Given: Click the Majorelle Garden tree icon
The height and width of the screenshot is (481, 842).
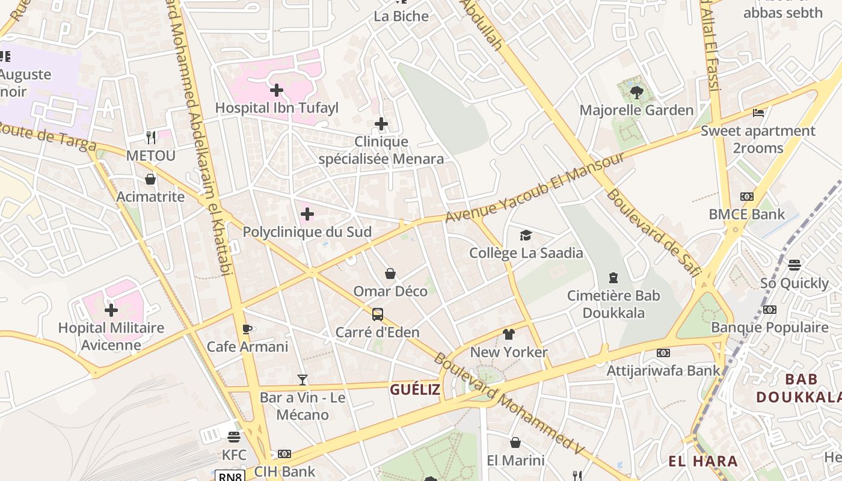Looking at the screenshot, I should click(x=636, y=92).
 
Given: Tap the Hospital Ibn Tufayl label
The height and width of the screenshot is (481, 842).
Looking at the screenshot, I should click(x=277, y=108).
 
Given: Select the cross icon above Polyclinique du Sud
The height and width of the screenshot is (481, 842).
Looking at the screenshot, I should click(x=307, y=214).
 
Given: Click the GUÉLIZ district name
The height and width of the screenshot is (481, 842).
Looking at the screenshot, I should click(x=415, y=390).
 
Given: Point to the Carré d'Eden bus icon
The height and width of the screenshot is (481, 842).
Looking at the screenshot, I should click(x=378, y=314).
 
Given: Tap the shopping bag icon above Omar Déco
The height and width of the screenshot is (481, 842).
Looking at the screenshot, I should click(x=390, y=274).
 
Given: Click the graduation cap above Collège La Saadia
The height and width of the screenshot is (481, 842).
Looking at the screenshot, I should click(x=526, y=235).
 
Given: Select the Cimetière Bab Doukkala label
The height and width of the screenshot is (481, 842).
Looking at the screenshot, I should click(x=613, y=304).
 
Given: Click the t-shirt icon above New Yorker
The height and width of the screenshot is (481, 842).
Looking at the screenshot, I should click(x=509, y=334).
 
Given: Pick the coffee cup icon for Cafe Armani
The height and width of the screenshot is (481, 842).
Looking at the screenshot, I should click(x=247, y=329).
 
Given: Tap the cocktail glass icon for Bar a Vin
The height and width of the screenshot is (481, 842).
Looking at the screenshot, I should click(x=303, y=380).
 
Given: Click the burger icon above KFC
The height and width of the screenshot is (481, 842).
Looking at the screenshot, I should click(x=234, y=437).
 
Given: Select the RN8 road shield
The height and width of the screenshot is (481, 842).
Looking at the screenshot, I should click(x=231, y=476).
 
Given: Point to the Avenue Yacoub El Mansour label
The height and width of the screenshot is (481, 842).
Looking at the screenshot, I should click(x=535, y=188).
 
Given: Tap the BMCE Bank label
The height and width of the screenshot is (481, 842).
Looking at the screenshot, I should click(x=746, y=214).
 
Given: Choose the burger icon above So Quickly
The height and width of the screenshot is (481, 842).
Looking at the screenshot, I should click(x=794, y=265).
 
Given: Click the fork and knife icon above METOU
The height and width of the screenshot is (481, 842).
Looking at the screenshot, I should click(x=151, y=138).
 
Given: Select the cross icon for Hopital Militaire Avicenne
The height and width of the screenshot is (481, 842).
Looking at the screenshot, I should click(x=111, y=310).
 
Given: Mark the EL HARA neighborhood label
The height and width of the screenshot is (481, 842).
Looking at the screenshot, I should click(x=703, y=461).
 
